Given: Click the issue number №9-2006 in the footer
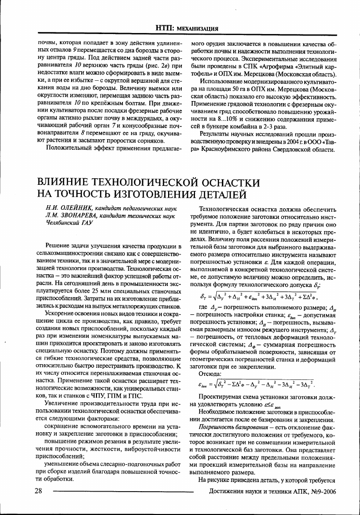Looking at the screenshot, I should (x=320, y=491).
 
